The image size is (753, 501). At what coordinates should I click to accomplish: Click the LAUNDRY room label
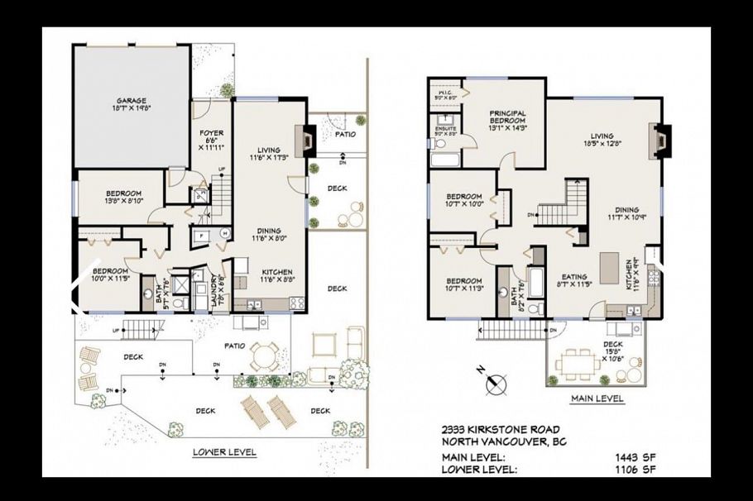(215, 289)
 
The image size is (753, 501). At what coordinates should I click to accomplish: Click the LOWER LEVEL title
(224, 452)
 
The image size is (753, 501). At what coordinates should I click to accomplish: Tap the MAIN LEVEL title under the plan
(597, 398)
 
